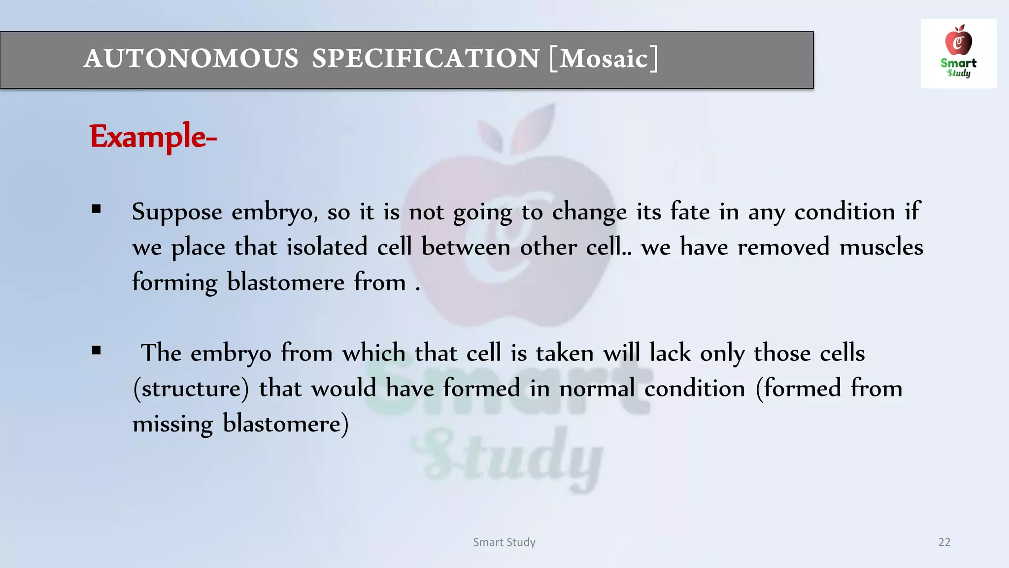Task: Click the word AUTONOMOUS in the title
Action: [191, 59]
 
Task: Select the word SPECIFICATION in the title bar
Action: [426, 59]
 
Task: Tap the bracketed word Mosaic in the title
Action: [604, 59]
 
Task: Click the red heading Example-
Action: [153, 137]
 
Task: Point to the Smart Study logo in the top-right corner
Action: [958, 53]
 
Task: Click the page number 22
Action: [944, 542]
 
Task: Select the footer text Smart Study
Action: [504, 542]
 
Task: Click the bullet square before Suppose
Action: [96, 209]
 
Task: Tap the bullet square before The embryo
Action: [96, 351]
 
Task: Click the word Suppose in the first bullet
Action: [177, 213]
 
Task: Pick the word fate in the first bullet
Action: [690, 212]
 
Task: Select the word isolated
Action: [327, 247]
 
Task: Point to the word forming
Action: [174, 283]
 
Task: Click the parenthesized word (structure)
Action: [191, 389]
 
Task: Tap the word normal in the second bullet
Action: [597, 389]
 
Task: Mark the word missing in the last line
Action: [172, 424]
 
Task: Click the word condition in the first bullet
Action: [844, 212]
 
